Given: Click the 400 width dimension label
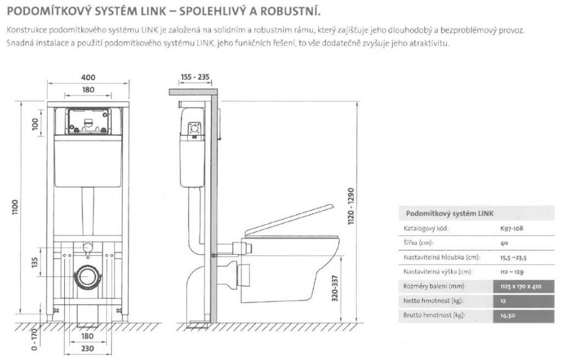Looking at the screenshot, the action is [88, 77].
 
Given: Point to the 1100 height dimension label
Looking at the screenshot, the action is [15, 207].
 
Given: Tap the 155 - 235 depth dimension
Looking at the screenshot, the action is [195, 77].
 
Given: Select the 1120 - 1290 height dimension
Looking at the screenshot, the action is [351, 206].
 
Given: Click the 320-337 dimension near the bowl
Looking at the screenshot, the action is [335, 288].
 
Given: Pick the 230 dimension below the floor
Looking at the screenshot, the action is [87, 348].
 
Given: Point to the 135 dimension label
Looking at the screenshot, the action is [35, 262].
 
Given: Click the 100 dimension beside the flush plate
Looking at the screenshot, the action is [35, 124].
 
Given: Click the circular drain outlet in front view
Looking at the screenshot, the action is [86, 277].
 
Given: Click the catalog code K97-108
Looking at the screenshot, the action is [512, 228].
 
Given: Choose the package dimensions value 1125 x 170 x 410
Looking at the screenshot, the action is [521, 286].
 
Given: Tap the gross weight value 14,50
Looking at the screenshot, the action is [508, 316].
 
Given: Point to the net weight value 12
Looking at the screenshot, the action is [503, 301].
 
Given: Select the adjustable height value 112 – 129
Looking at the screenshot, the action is [512, 272].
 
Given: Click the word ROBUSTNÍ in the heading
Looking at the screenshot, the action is [290, 11].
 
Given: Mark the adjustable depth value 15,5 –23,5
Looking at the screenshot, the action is [513, 258].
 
